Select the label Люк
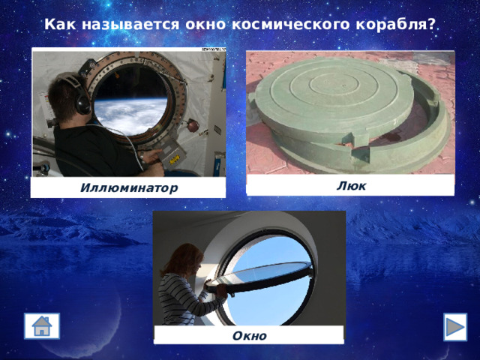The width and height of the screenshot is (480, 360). point(350,185)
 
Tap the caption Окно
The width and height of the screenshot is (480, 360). point(249,335)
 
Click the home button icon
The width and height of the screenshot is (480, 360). point(41,327)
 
